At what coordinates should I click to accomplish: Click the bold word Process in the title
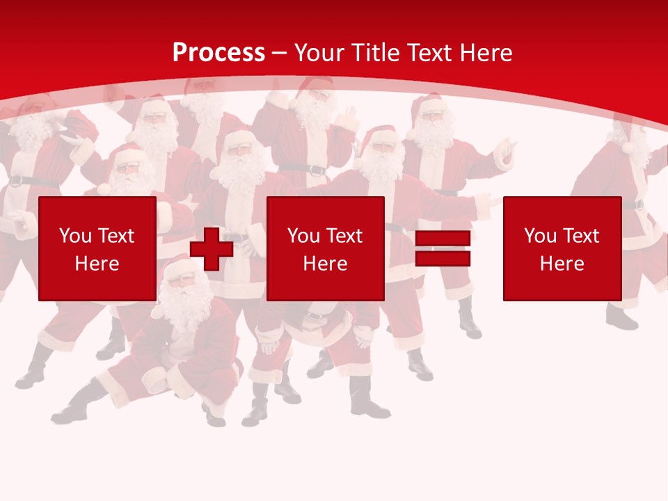coord(218,53)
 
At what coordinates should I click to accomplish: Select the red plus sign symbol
coord(212,248)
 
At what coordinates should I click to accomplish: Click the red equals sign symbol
coord(443,248)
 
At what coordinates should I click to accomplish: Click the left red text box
coord(97,248)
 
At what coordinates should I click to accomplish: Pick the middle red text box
coord(325,248)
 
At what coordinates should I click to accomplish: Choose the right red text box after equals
coord(562,248)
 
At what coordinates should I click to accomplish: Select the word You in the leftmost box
coord(75,236)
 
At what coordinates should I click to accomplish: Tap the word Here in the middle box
coord(325,264)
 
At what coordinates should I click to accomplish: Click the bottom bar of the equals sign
coord(443,258)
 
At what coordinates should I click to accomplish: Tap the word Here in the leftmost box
coord(97,264)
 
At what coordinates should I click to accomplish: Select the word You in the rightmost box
coord(541,236)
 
